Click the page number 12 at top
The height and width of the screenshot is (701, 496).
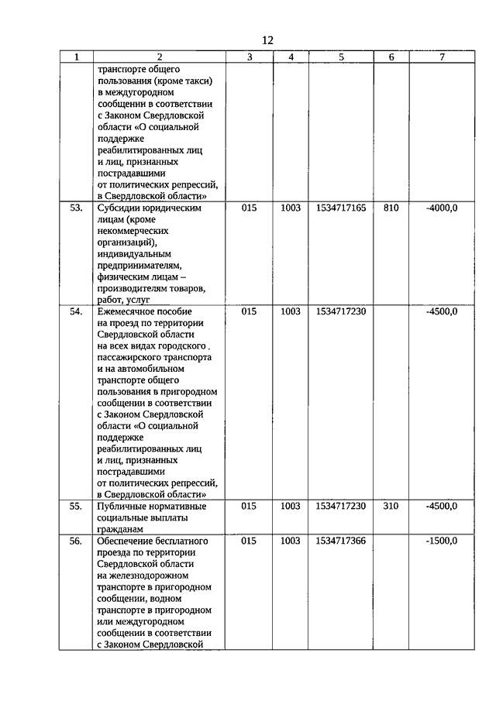(267, 40)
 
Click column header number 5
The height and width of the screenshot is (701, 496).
(341, 57)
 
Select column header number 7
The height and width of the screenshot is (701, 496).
(442, 57)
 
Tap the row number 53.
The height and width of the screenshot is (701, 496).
(76, 208)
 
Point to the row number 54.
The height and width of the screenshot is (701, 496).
(76, 311)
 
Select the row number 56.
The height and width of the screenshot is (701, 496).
(76, 541)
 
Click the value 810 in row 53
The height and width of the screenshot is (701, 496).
(391, 208)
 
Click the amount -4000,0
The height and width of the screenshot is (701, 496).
(442, 208)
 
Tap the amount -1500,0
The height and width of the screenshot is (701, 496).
(442, 541)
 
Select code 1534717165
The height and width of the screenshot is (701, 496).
(341, 208)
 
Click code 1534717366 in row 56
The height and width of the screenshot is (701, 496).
(341, 541)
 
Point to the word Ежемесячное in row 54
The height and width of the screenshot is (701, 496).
(129, 311)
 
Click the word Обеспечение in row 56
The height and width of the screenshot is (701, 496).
(126, 541)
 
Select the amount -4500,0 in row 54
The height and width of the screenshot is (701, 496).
(442, 311)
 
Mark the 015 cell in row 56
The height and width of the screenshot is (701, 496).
(249, 541)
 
